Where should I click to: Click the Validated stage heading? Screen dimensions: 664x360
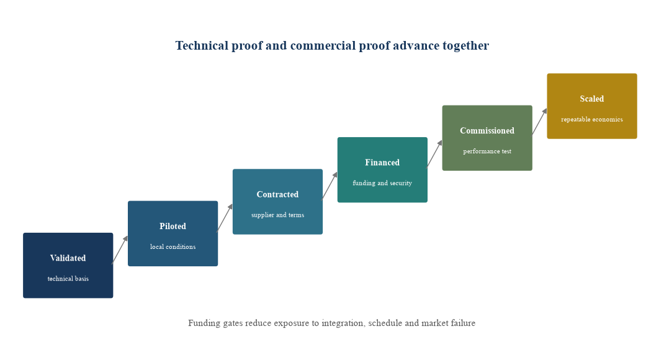[x=68, y=258]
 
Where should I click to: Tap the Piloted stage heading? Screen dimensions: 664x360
[x=173, y=226]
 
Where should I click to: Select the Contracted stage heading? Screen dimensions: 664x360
[x=277, y=194]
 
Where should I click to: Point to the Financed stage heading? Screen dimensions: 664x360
[x=382, y=163]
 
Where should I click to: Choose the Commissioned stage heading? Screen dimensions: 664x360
[x=487, y=130]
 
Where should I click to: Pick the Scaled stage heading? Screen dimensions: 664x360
[x=591, y=99]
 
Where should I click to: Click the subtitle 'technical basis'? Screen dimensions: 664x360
[x=68, y=279]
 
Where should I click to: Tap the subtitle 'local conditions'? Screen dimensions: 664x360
[x=173, y=247]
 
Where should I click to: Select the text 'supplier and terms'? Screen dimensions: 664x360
[x=277, y=215]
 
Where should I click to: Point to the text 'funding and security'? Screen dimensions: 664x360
[x=382, y=183]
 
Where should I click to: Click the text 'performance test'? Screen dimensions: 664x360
[x=487, y=151]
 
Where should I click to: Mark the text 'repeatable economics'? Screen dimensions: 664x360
[x=591, y=119]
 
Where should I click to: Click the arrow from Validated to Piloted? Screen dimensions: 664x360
[x=120, y=250]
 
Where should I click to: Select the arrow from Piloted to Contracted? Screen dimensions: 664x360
[x=225, y=218]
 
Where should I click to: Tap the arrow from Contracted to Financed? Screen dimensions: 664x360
[x=330, y=186]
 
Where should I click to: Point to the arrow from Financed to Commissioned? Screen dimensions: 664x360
[x=434, y=154]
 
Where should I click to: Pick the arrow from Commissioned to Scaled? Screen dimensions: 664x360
[x=539, y=122]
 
